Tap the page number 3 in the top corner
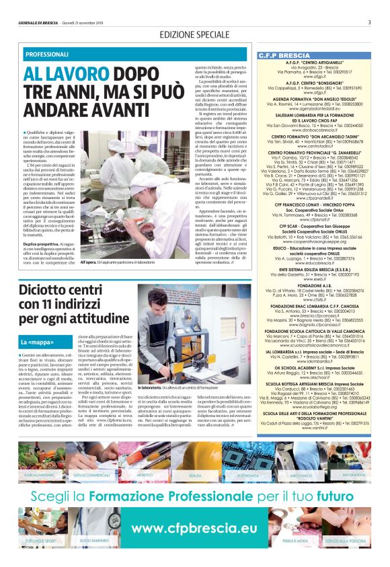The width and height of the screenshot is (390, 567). (369, 22)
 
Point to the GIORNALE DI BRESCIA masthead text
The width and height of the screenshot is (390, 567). (40, 22)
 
